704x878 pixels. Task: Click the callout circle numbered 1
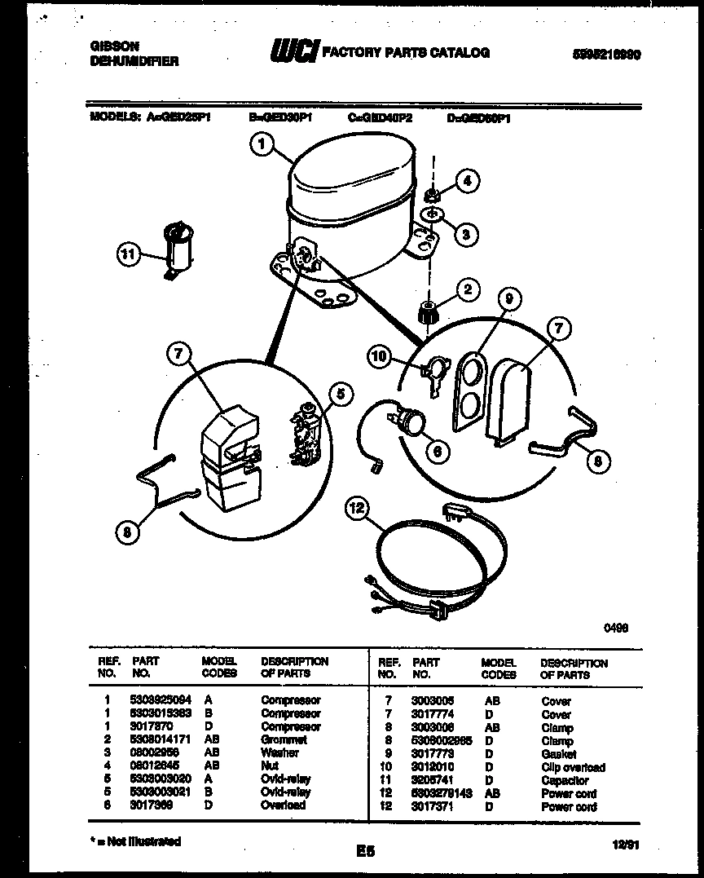pos(261,145)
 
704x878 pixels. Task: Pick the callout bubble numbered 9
pos(508,300)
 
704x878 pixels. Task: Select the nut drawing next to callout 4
pos(434,194)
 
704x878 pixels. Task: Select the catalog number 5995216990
pos(605,54)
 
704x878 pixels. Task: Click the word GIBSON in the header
pos(114,46)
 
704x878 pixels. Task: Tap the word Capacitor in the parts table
pos(565,780)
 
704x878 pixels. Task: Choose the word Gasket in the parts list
pos(558,754)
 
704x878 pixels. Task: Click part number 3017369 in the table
pos(151,805)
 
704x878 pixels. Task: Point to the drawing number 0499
pos(615,628)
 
